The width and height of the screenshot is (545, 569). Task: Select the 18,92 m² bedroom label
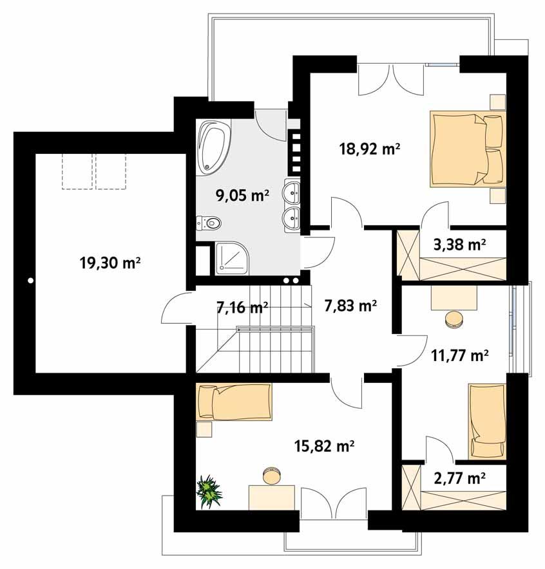click(x=370, y=149)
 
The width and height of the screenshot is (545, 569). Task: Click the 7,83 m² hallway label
click(x=351, y=306)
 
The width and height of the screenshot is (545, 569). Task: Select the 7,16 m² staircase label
click(x=242, y=308)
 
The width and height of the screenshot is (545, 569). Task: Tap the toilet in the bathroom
click(x=209, y=223)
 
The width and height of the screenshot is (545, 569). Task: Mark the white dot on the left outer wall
click(x=30, y=280)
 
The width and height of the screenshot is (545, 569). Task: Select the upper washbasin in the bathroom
click(x=293, y=191)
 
